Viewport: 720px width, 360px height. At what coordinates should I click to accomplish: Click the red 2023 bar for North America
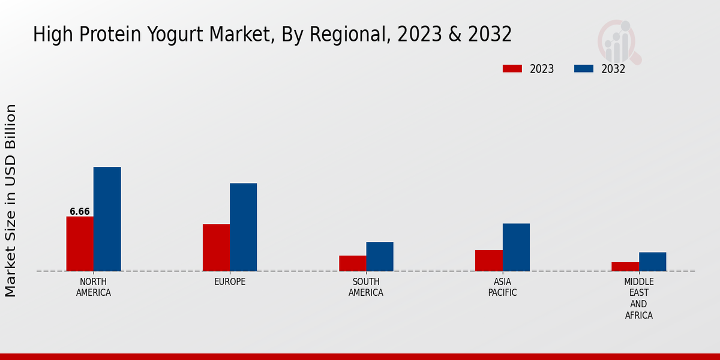[x=80, y=244]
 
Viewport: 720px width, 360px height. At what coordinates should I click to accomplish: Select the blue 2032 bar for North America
[x=107, y=219]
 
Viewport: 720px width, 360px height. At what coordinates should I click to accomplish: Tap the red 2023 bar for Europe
[x=216, y=247]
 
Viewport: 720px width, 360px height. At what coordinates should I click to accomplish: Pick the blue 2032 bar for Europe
[x=243, y=227]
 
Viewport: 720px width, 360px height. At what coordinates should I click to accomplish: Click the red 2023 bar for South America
[x=352, y=263]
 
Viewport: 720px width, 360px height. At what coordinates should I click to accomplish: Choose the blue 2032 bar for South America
[x=380, y=256]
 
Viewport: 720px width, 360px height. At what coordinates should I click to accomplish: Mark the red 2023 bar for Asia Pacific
[x=488, y=260]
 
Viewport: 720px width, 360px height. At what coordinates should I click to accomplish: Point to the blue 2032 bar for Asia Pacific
[x=516, y=247]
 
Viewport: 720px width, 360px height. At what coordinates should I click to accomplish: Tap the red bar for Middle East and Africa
[x=625, y=266]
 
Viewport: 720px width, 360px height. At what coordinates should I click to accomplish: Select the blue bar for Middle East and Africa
[x=652, y=262]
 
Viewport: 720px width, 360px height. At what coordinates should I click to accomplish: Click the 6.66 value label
[x=80, y=211]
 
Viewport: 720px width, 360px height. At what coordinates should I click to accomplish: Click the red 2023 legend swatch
[x=512, y=68]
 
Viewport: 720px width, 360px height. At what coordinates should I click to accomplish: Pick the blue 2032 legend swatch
[x=583, y=68]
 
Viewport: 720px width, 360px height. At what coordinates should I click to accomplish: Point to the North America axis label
[x=94, y=287]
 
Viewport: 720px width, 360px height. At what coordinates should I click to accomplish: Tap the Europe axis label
[x=230, y=282]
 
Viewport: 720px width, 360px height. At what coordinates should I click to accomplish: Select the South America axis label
[x=366, y=287]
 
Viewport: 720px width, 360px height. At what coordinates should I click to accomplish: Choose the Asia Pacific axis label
[x=502, y=287]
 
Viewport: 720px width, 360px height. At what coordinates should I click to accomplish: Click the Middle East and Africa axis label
[x=639, y=299]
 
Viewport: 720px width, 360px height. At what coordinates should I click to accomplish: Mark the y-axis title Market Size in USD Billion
[x=11, y=200]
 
